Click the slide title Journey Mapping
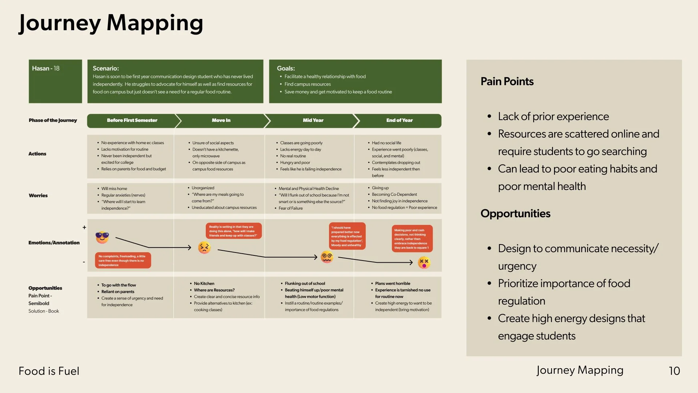point(111,23)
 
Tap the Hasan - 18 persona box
point(55,81)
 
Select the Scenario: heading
point(106,68)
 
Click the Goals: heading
point(286,68)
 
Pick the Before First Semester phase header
point(132,120)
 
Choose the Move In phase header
point(221,120)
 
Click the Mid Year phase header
point(313,120)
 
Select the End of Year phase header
point(399,120)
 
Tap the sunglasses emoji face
point(102,237)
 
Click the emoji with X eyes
point(424,262)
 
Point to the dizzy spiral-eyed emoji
point(327,257)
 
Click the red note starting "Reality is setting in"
point(233,231)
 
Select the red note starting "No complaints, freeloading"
point(123,261)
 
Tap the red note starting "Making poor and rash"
point(412,239)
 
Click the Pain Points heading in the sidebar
point(507,82)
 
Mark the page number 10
point(674,371)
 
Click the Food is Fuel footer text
point(49,371)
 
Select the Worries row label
point(38,195)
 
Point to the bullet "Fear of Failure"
point(290,208)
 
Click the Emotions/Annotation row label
point(54,243)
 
